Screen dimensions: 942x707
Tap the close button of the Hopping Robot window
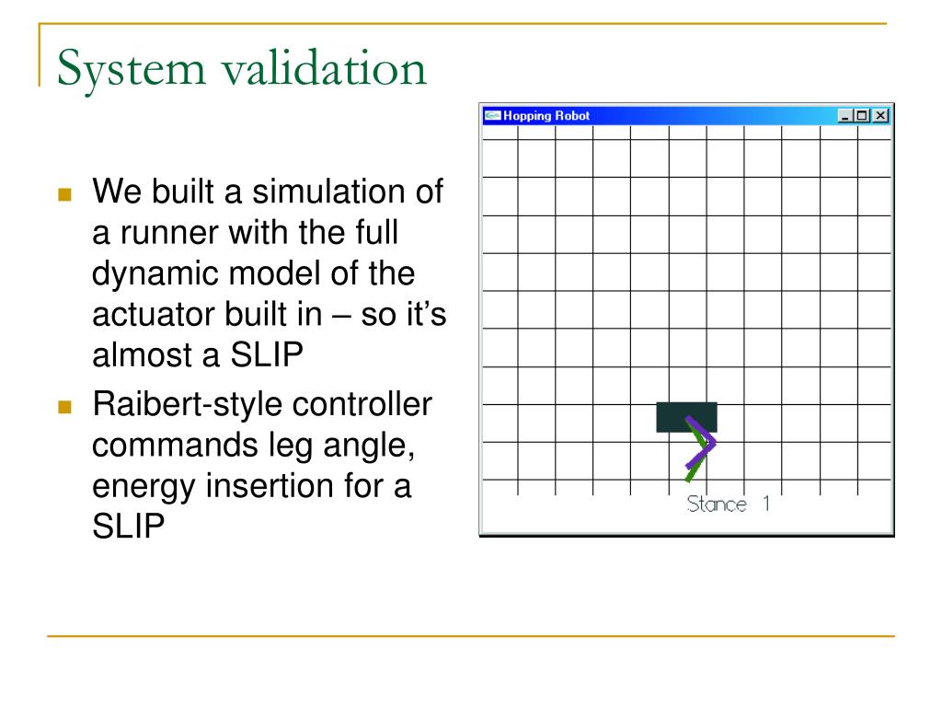tap(881, 116)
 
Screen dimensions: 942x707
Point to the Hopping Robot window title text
tap(546, 116)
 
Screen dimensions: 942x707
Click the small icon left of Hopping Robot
tap(492, 116)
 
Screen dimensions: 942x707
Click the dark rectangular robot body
tap(685, 415)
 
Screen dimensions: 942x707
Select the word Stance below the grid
tap(717, 504)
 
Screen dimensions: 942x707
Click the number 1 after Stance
tap(764, 504)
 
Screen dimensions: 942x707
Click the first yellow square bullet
tap(63, 195)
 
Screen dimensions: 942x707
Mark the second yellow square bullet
tap(63, 406)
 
